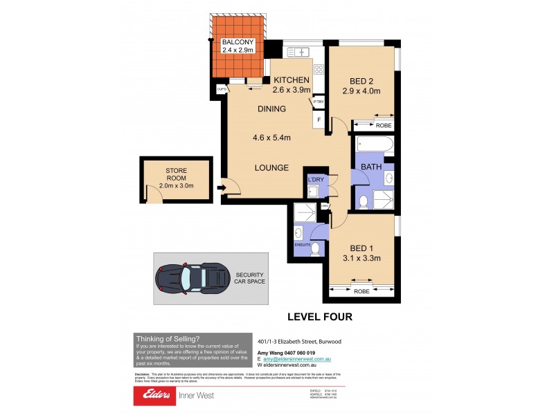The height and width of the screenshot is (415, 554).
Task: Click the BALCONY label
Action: (x=238, y=41)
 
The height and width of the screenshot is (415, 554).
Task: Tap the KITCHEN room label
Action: (x=291, y=80)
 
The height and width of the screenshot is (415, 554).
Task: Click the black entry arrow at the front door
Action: (x=222, y=187)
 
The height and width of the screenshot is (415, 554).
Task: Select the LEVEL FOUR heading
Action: (x=320, y=317)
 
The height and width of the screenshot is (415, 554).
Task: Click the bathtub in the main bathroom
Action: (x=374, y=145)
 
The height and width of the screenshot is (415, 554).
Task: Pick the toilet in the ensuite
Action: (x=315, y=248)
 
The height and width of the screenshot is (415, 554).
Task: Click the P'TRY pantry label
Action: (x=319, y=102)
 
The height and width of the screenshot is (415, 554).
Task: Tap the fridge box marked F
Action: (x=319, y=120)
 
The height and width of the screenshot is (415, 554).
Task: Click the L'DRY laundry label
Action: (x=316, y=180)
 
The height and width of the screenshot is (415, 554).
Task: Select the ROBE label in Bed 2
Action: (x=383, y=126)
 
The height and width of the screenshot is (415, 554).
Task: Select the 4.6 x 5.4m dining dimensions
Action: (x=271, y=138)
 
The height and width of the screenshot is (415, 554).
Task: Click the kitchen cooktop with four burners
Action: (x=319, y=68)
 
